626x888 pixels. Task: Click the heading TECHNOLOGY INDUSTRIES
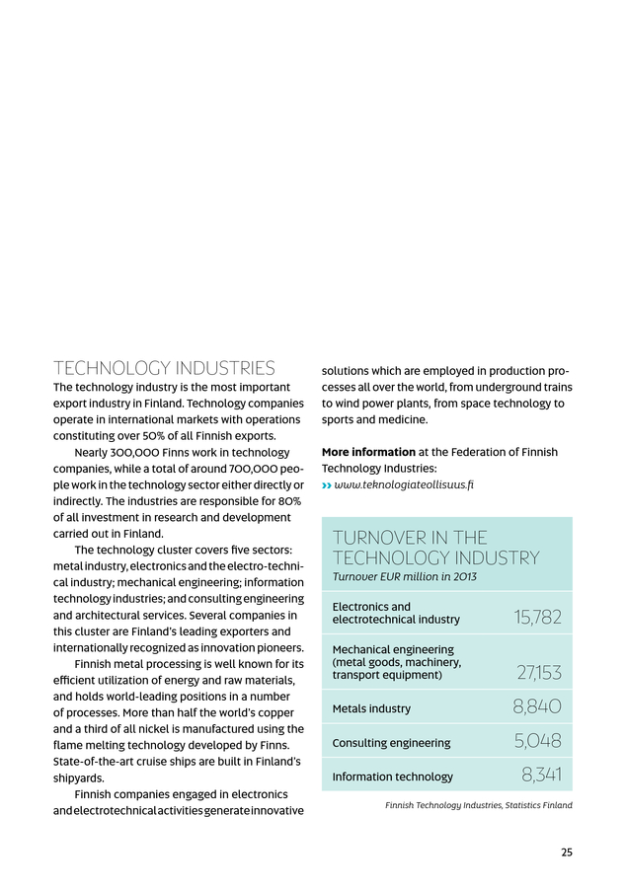click(x=164, y=369)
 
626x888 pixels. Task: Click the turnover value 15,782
click(x=537, y=618)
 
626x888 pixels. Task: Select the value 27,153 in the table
click(x=539, y=673)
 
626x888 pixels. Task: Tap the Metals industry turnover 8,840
click(x=537, y=706)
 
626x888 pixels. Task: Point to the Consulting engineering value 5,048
click(x=537, y=741)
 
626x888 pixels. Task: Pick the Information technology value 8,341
click(x=541, y=776)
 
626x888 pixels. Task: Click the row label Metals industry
click(x=371, y=708)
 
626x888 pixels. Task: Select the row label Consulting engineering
click(x=391, y=743)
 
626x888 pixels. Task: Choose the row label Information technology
click(x=392, y=777)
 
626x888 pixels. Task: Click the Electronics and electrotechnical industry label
click(x=396, y=613)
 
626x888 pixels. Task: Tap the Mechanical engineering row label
click(x=393, y=662)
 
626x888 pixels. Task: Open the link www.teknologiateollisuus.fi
click(x=404, y=485)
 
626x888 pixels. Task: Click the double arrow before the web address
click(x=327, y=485)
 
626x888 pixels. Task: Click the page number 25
click(x=566, y=852)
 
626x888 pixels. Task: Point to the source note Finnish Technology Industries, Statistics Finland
click(x=478, y=806)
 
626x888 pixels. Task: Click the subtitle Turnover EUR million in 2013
click(x=404, y=576)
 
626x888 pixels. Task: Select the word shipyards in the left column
click(x=81, y=777)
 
